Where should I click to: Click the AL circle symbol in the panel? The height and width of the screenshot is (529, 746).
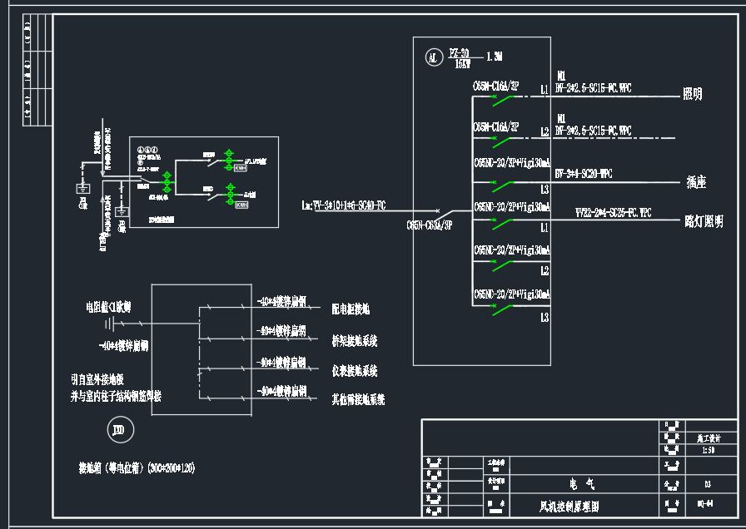tap(432, 57)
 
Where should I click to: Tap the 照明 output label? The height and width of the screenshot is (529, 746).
tap(692, 94)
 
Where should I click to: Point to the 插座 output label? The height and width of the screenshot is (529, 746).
tap(696, 180)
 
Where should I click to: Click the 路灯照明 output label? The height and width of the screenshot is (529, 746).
tap(704, 221)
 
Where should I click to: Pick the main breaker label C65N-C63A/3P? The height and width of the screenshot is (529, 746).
tap(429, 225)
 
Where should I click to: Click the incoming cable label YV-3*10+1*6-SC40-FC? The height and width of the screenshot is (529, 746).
tap(343, 205)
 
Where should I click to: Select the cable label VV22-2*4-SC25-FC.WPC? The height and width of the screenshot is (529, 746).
tap(614, 213)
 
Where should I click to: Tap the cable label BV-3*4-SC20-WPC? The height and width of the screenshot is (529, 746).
tap(583, 174)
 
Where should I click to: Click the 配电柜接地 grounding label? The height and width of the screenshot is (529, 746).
tap(351, 309)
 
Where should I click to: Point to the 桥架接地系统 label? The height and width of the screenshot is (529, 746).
tap(355, 340)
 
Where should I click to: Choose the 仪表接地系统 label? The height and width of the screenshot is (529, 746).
tap(355, 370)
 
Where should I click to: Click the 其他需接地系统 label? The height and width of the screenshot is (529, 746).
tap(358, 399)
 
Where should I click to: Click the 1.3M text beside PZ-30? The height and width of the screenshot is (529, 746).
tap(495, 57)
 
